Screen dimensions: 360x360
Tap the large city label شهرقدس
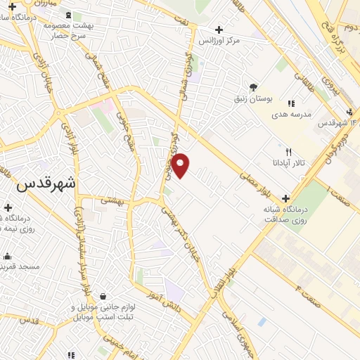[x=45, y=184]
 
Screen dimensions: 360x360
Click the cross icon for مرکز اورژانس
[x=219, y=30]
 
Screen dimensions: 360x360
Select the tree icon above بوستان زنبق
[x=252, y=87]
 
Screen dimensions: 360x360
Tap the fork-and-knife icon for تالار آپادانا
[x=288, y=153]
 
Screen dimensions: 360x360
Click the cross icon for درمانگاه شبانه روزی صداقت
[x=285, y=198]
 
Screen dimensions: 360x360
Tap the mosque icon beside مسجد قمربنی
[x=7, y=256]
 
